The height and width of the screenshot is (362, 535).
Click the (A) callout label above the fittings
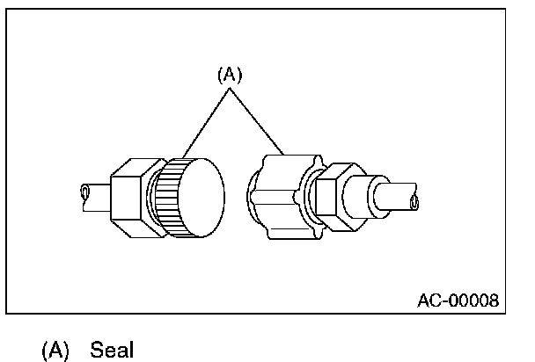[x=229, y=76]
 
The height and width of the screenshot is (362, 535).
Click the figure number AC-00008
[x=458, y=300]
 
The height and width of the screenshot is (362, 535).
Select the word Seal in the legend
[x=112, y=350]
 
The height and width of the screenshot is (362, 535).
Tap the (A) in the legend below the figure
[x=55, y=350]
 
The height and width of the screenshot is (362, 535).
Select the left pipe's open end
[x=84, y=192]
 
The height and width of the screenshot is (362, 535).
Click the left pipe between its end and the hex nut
[x=97, y=194]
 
